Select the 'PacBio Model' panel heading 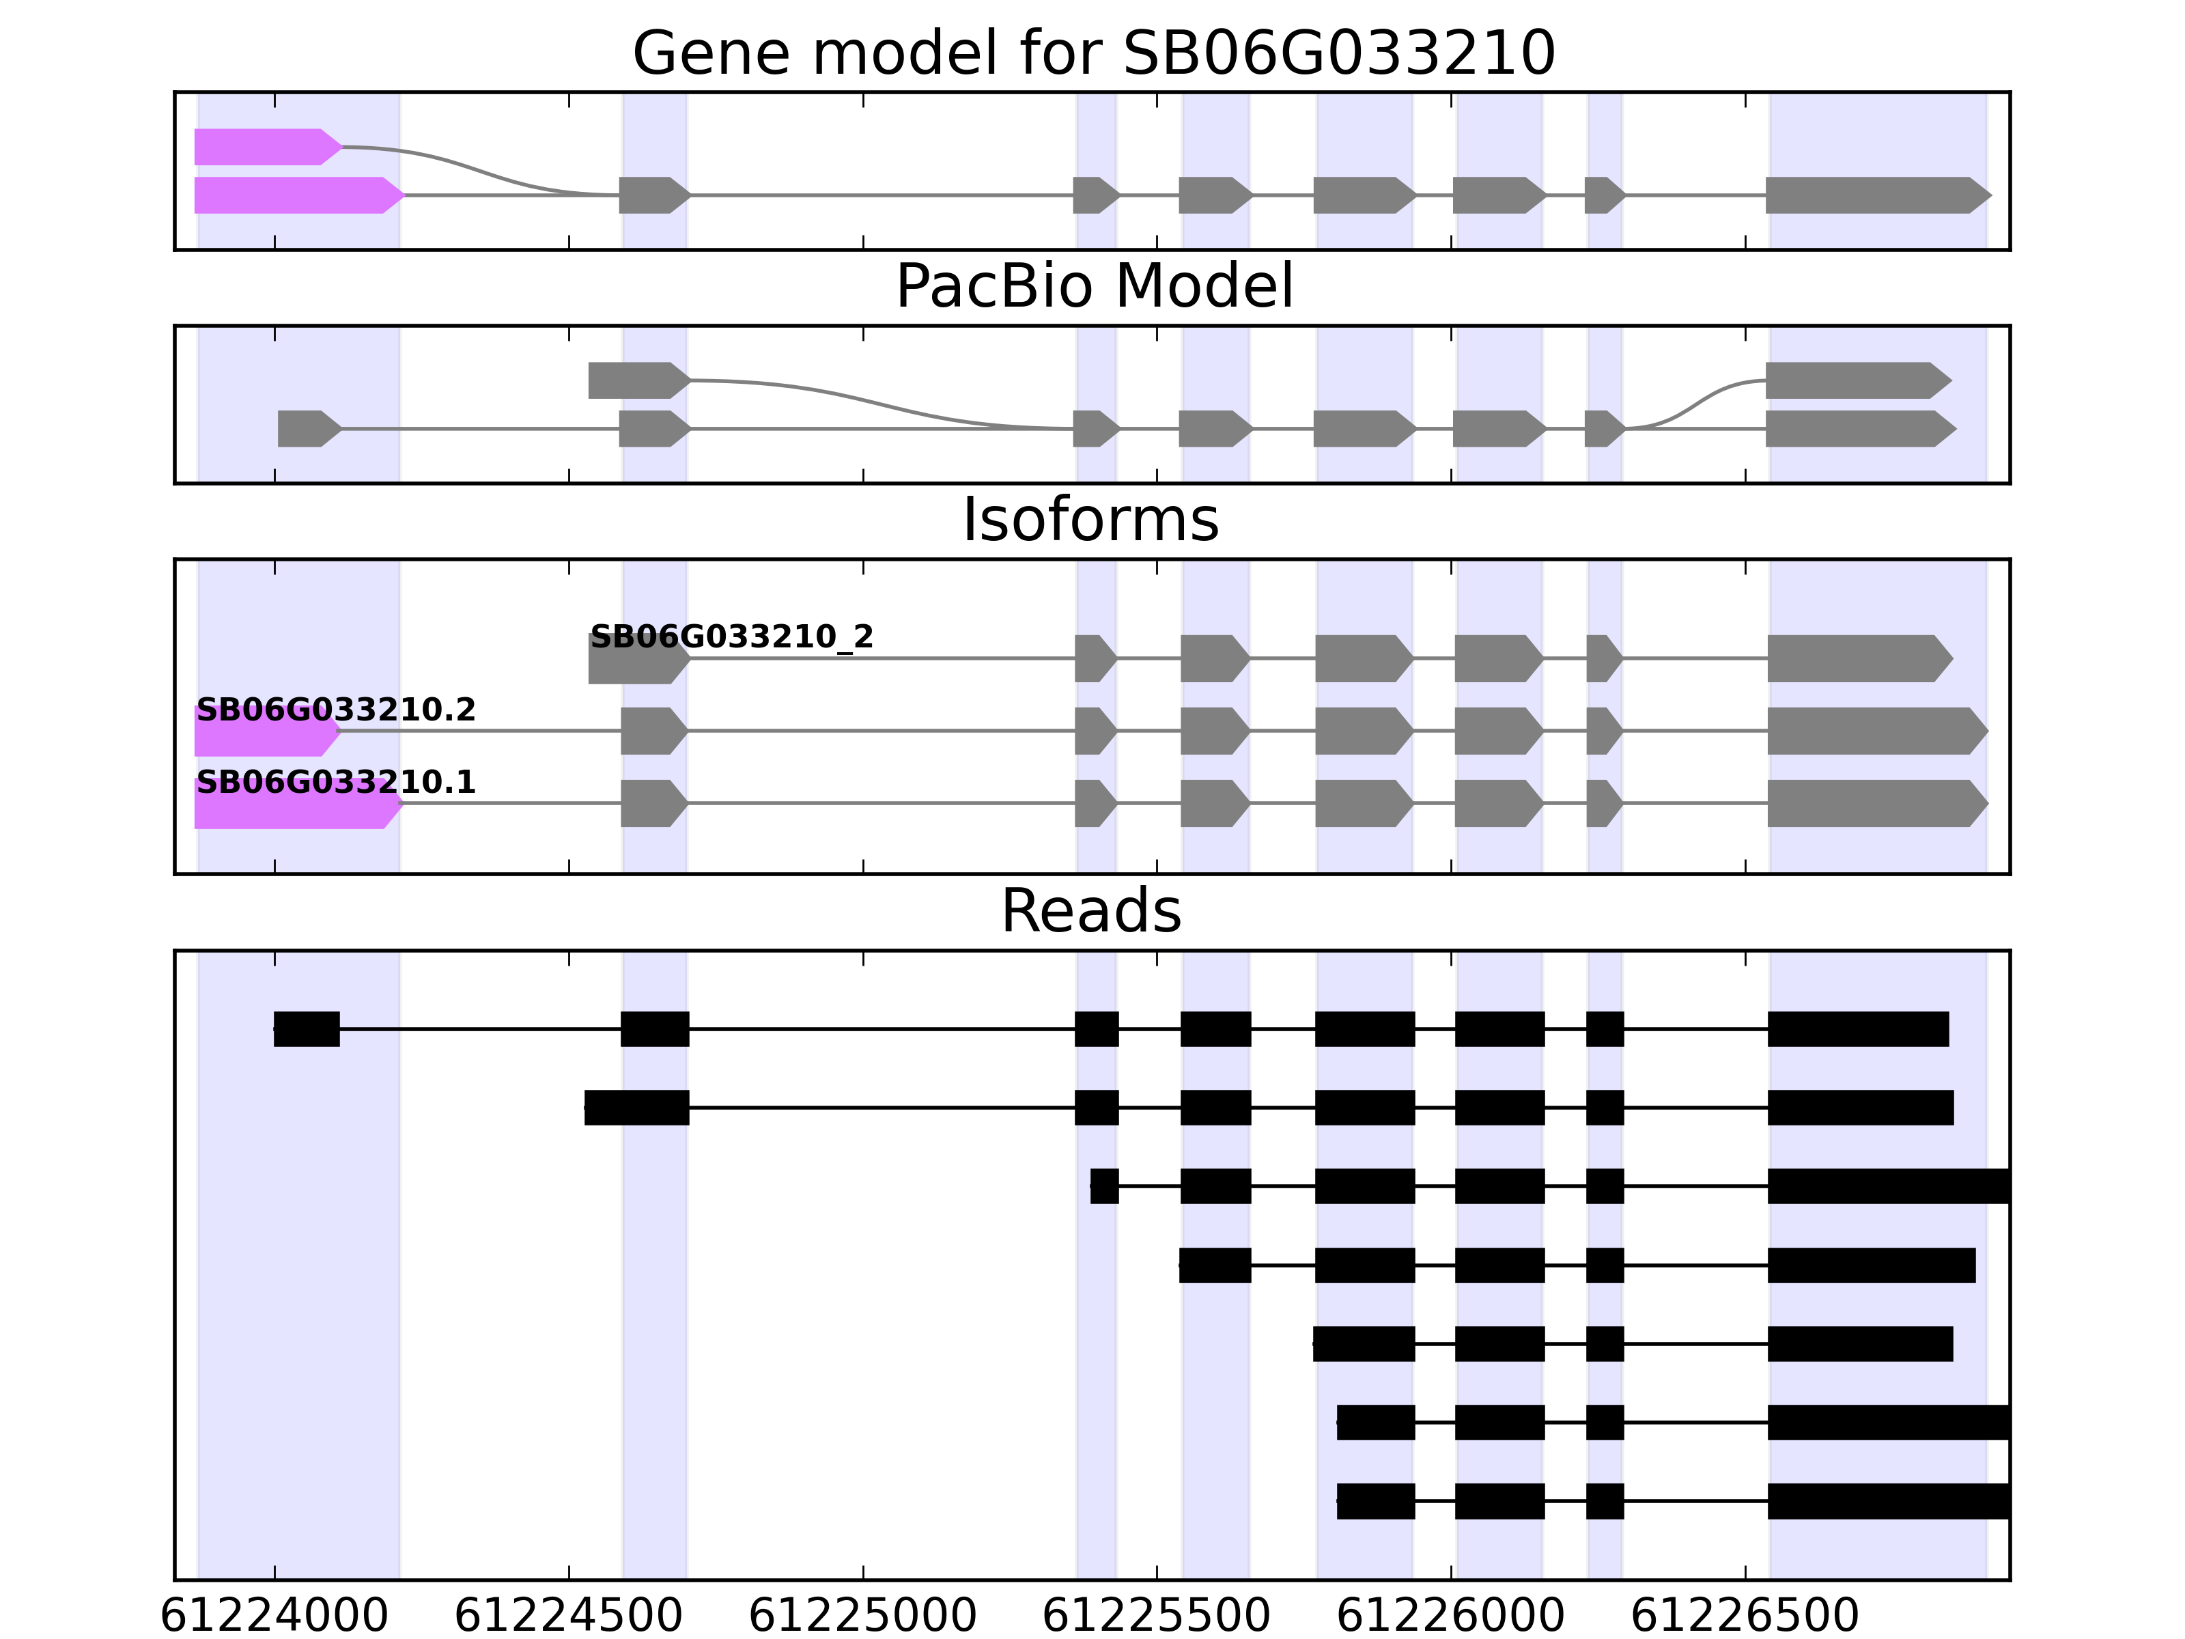[1093, 287]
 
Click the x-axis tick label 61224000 [274, 1616]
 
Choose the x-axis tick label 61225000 [862, 1616]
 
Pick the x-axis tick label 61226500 [1745, 1616]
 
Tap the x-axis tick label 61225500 [1156, 1616]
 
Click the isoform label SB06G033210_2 [731, 637]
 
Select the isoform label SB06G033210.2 [336, 710]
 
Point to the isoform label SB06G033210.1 [336, 783]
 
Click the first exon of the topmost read [306, 1028]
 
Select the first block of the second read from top [636, 1108]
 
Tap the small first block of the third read [1104, 1186]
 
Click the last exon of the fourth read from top [1871, 1265]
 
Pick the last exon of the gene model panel [1875, 195]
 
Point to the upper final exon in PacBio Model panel [1855, 380]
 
